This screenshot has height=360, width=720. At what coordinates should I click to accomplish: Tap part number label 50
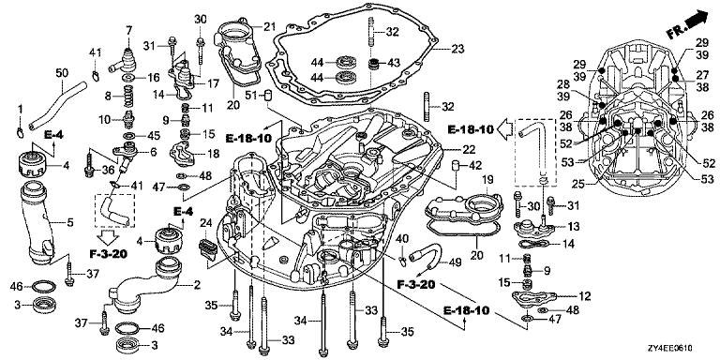click(x=62, y=72)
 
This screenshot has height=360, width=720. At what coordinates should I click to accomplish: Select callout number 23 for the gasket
click(x=457, y=48)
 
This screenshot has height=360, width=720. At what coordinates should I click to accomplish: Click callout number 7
click(x=129, y=31)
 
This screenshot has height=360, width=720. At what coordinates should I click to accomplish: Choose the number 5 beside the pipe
click(x=69, y=223)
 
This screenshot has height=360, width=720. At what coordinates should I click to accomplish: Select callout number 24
click(x=205, y=225)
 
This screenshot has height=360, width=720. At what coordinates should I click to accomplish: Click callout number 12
click(x=585, y=296)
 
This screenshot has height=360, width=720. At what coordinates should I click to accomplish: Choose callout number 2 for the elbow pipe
click(x=197, y=285)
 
